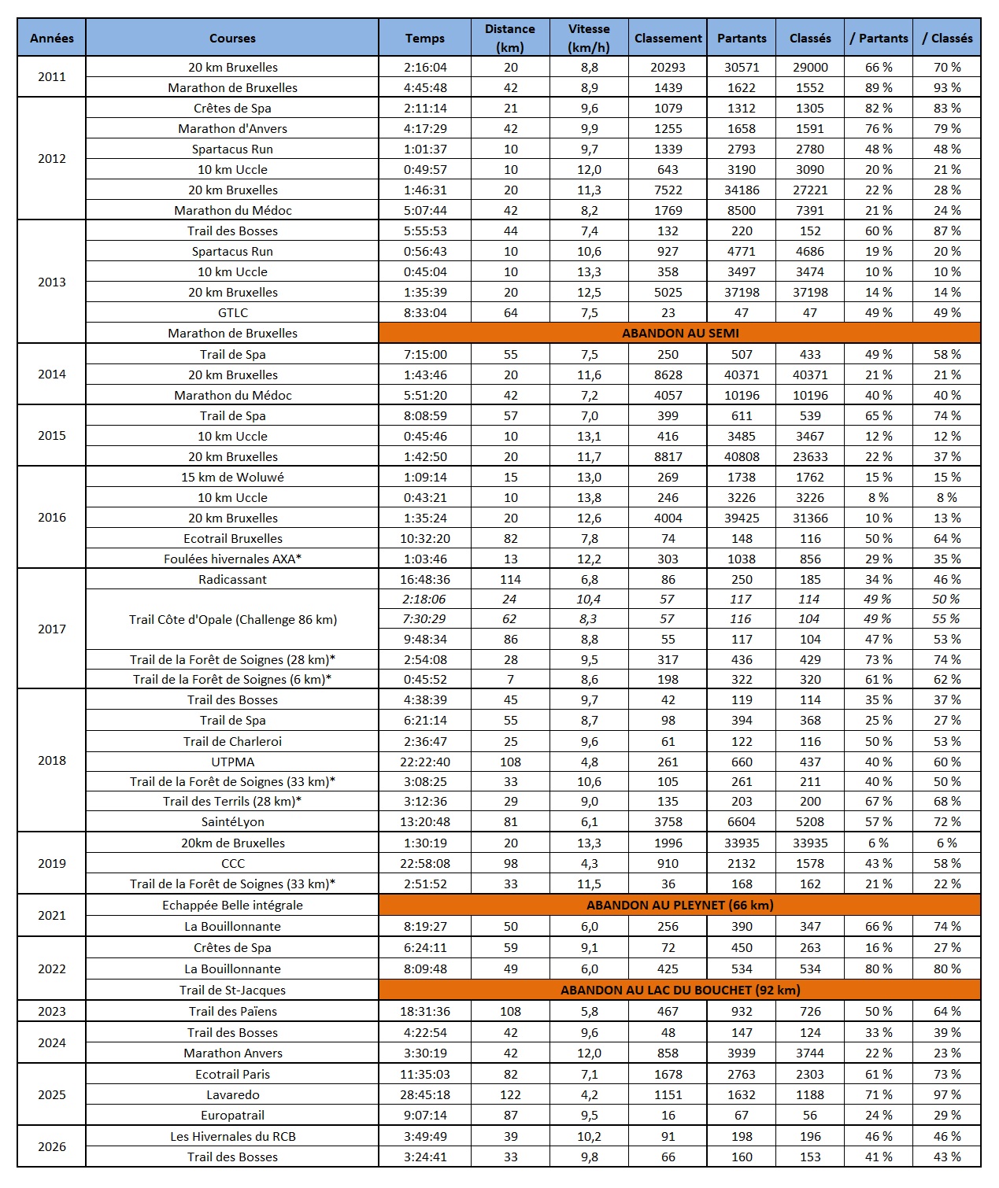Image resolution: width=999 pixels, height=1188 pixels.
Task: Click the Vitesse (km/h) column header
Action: point(589,38)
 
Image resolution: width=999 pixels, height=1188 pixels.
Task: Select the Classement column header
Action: point(668,38)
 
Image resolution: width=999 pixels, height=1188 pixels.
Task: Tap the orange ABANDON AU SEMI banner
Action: point(680,333)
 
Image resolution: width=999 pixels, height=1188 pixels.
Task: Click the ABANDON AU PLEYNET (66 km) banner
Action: point(680,905)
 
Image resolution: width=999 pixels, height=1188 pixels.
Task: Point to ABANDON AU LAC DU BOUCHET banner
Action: point(680,990)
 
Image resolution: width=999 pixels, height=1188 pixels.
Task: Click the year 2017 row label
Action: point(52,629)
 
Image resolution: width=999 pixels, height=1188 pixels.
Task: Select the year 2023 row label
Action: point(52,1011)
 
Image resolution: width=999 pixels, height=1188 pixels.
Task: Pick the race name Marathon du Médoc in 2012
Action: point(233,210)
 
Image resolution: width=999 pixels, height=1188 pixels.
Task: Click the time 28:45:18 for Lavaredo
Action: point(425,1094)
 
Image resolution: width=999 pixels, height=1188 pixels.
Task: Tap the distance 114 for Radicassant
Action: point(510,579)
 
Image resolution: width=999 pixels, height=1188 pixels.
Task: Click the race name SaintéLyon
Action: point(233,821)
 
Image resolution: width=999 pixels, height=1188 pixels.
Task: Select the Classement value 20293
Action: point(668,67)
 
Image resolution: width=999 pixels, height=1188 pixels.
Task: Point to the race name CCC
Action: point(233,863)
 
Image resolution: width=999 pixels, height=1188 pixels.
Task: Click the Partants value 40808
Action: point(742,456)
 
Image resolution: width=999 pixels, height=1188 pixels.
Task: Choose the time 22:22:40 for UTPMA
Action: point(425,762)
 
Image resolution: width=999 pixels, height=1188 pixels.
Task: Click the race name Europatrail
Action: point(233,1115)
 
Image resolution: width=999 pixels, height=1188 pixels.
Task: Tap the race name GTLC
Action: point(233,312)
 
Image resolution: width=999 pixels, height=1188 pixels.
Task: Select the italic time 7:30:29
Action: point(425,619)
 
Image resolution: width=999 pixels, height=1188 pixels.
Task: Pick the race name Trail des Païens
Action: point(233,1011)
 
